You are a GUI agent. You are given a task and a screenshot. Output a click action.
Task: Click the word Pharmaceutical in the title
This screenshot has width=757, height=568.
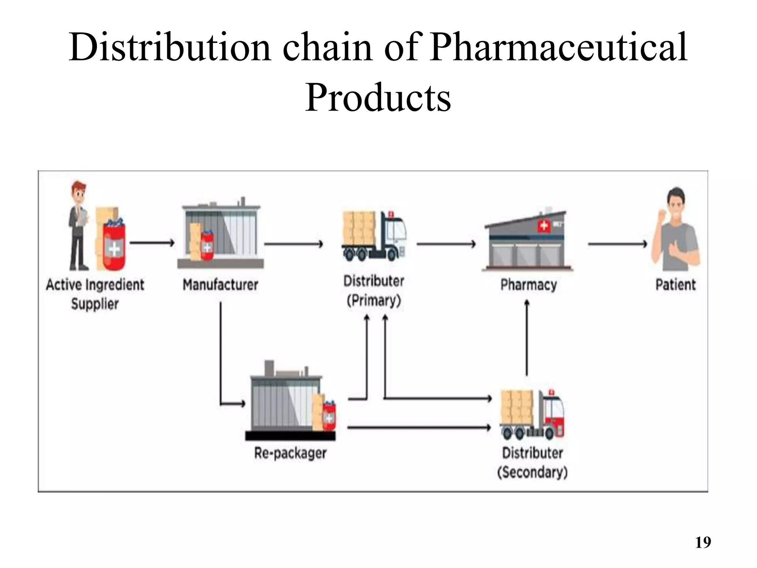(x=558, y=47)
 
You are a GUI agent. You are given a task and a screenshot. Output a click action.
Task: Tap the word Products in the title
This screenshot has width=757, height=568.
(x=378, y=98)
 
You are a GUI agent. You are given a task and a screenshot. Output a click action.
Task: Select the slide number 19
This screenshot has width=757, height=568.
(x=703, y=542)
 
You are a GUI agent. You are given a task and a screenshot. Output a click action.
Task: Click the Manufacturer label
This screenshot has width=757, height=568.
(x=220, y=285)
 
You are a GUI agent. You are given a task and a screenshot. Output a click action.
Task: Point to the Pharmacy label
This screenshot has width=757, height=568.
(x=528, y=285)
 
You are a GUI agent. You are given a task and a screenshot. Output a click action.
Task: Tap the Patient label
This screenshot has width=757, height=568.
(x=675, y=285)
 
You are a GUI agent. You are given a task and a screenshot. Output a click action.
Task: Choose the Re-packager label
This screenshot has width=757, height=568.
(x=290, y=453)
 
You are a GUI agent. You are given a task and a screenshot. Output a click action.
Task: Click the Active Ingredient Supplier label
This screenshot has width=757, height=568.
(x=95, y=294)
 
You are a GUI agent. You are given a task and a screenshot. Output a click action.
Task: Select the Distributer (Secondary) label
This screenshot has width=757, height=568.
(x=532, y=462)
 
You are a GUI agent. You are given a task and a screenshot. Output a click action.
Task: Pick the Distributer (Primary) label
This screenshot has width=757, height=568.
(x=374, y=290)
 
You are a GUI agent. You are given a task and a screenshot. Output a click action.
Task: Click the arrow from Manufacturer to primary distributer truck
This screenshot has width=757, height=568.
(x=293, y=244)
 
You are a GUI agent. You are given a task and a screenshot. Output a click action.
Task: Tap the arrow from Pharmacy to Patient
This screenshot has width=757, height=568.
(x=617, y=244)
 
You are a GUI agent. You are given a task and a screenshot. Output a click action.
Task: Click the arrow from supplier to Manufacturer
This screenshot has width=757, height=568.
(x=152, y=243)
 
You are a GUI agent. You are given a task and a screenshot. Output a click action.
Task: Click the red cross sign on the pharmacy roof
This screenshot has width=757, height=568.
(x=543, y=226)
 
